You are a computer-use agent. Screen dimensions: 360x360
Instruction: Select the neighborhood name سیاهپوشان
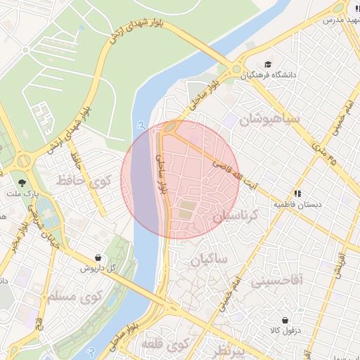[270, 117]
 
